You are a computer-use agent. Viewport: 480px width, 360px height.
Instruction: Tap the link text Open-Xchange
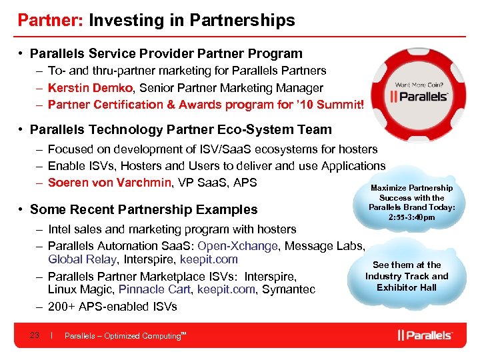(x=243, y=246)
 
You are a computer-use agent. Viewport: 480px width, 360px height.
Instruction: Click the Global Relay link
(x=81, y=259)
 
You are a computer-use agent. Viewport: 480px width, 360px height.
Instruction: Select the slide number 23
(x=35, y=335)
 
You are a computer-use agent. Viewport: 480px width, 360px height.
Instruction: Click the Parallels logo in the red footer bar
(x=425, y=335)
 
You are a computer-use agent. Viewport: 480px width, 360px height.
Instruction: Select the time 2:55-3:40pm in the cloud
(x=411, y=217)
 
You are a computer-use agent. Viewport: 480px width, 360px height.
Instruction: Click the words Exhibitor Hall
(x=407, y=287)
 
